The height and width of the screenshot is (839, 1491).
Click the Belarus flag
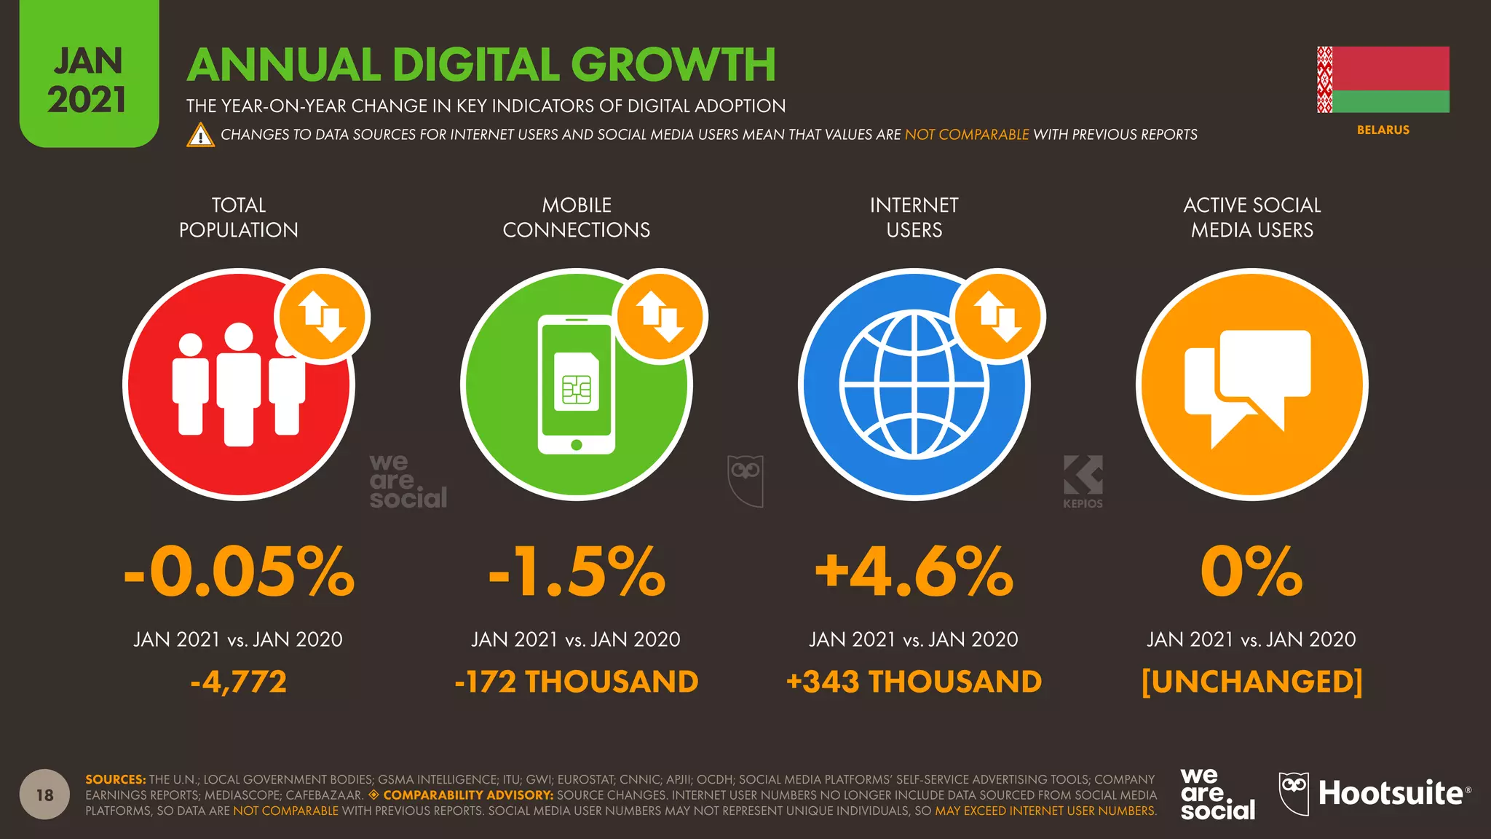point(1383,79)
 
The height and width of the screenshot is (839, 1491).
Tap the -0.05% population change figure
point(239,572)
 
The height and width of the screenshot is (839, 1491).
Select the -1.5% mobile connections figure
point(577,572)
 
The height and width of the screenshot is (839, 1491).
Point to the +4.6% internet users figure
point(914,572)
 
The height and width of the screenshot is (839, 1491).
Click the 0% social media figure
point(1251,572)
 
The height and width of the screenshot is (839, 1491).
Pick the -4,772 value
point(239,682)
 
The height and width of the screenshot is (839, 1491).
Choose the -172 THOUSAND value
point(577,682)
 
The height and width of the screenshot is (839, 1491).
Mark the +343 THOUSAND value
point(914,682)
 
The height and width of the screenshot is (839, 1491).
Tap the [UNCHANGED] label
point(1251,682)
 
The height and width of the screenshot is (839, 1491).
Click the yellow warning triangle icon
point(200,135)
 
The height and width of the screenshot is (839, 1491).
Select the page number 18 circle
point(44,795)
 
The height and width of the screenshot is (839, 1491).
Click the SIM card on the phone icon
point(577,382)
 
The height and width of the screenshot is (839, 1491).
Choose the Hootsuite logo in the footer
point(1375,793)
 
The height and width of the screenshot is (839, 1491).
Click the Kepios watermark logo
point(1083,481)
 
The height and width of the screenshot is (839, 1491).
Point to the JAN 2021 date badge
point(88,80)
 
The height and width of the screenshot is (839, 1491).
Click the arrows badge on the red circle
point(323,317)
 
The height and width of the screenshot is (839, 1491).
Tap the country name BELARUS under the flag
point(1383,130)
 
